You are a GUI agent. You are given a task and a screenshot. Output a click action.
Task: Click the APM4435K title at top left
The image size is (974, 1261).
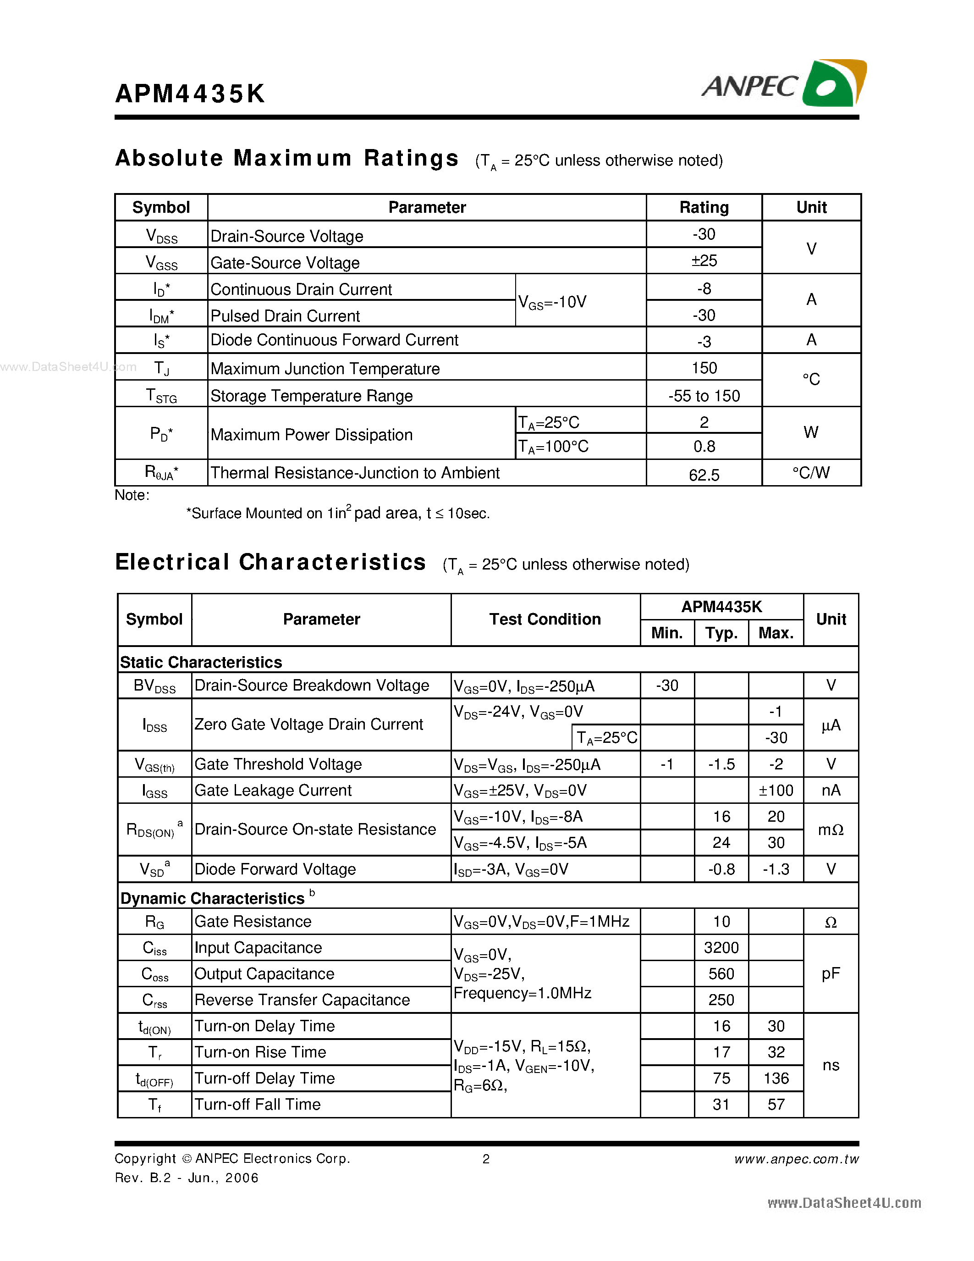(190, 94)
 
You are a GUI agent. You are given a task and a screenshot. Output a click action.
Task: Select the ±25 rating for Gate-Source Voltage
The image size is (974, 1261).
(704, 261)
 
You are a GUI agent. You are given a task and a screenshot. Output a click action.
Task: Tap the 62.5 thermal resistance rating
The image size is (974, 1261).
(704, 475)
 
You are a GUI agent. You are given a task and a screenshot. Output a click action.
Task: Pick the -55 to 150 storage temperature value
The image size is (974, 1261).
(704, 396)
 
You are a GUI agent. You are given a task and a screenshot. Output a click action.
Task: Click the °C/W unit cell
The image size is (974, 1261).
(811, 473)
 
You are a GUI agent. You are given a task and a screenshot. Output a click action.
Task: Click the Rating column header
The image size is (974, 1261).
(704, 207)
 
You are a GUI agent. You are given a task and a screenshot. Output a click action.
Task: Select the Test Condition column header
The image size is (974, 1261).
(545, 619)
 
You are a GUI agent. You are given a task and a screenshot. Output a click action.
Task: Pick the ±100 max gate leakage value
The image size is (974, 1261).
(776, 791)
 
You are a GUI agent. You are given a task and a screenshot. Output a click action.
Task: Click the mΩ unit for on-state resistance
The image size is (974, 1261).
(831, 830)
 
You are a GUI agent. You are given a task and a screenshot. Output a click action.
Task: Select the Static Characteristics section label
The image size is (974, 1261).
(201, 662)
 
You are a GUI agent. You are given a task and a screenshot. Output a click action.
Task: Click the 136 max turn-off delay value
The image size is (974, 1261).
(776, 1078)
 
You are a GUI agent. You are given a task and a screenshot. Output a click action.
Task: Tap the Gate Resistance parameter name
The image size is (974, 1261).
(253, 922)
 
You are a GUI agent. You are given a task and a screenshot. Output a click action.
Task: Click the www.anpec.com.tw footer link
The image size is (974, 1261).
(796, 1159)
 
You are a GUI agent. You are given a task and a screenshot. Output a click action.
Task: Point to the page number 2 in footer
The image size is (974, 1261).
(486, 1159)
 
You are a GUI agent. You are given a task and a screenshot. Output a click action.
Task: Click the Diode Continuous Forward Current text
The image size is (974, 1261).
(334, 340)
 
